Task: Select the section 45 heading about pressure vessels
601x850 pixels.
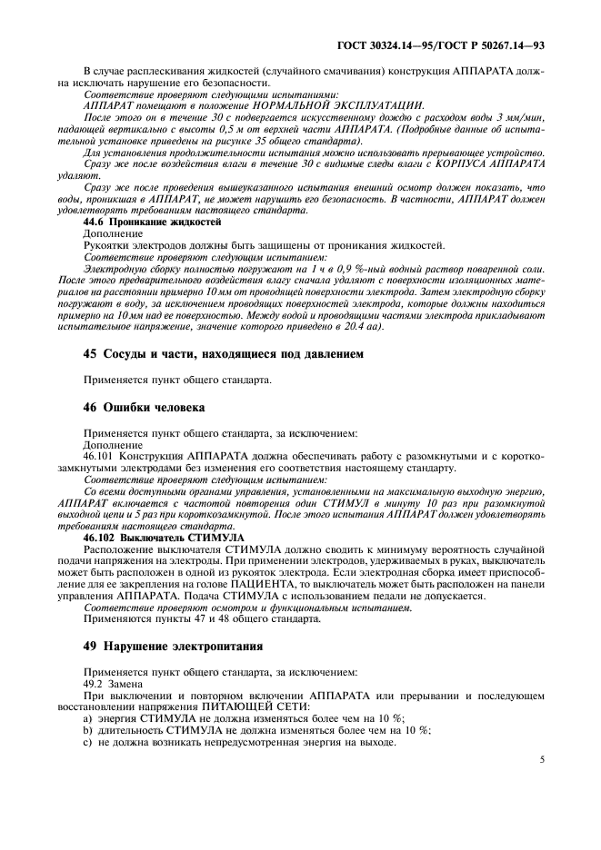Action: pyautogui.click(x=215, y=354)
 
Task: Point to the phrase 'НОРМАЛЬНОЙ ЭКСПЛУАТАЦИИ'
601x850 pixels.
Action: pyautogui.click(x=356, y=106)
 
